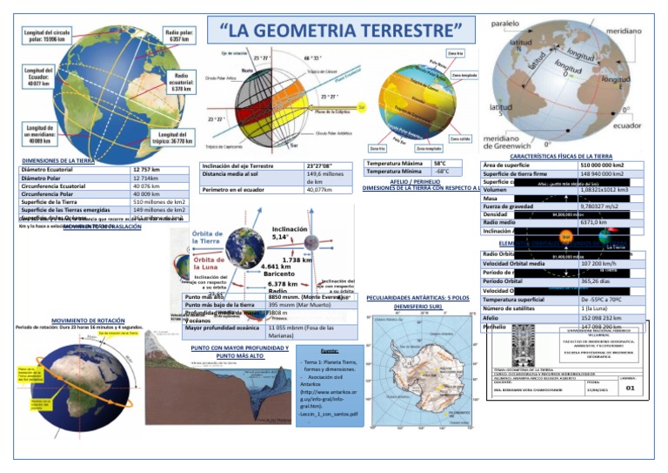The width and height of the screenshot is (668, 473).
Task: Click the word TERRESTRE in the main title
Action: coord(402,32)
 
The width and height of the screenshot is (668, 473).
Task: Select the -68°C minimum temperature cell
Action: coord(442,172)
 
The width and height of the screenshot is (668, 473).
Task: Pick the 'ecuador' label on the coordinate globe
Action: coord(631,125)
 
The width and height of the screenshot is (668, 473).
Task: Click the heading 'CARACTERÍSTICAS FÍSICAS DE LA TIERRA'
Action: coord(561,156)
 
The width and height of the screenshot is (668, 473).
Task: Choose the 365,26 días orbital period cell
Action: coord(596,281)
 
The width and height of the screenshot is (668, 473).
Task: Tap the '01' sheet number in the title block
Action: coord(630,390)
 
